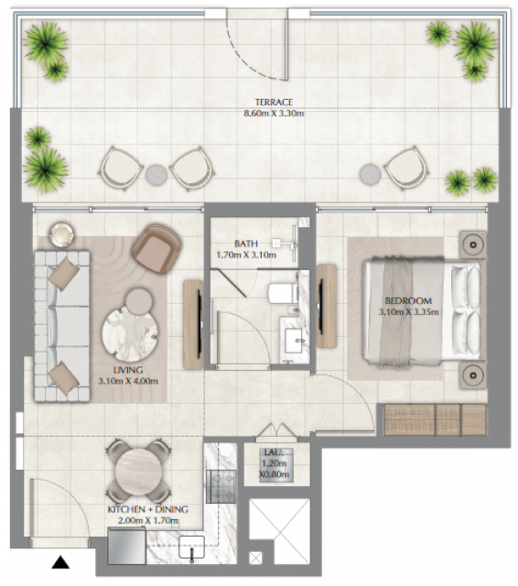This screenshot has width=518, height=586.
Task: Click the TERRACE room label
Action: [x=274, y=102]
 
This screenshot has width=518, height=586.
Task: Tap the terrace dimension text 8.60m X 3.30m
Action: [x=274, y=114]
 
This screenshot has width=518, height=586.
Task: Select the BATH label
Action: [x=246, y=244]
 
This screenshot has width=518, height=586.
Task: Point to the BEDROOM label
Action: [x=408, y=301]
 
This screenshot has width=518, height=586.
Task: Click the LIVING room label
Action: [x=128, y=370]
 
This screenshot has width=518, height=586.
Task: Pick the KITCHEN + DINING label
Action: [x=148, y=509]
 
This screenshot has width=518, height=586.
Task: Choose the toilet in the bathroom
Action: [x=283, y=293]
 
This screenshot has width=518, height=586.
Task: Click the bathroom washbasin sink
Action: [x=295, y=340]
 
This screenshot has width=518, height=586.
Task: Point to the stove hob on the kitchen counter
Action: [x=221, y=486]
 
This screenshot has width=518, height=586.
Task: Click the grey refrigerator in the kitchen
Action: [x=126, y=546]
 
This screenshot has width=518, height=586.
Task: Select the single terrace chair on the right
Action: [x=406, y=168]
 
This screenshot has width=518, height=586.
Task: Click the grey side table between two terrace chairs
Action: [x=156, y=174]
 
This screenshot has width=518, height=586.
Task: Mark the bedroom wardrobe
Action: [x=436, y=419]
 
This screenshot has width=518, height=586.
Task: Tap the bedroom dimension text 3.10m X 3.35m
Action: [x=408, y=311]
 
